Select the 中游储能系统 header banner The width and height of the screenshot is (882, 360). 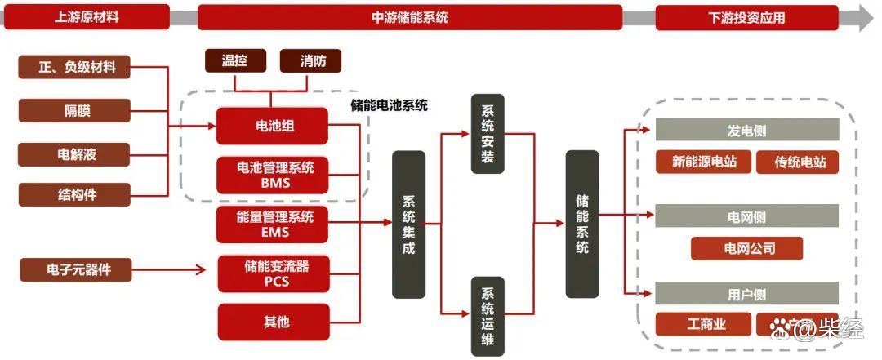[x=410, y=17]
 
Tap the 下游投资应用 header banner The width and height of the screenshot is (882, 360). [x=746, y=17]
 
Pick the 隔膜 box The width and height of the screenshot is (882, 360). [x=74, y=110]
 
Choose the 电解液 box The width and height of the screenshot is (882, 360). [x=74, y=153]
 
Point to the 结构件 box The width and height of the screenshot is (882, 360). [x=74, y=193]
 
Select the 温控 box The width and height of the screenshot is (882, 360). [x=234, y=60]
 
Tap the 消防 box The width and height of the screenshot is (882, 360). [x=310, y=60]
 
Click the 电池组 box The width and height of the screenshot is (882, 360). [x=273, y=127]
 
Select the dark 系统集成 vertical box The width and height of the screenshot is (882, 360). [x=409, y=224]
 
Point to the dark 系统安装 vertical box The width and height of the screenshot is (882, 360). [x=488, y=134]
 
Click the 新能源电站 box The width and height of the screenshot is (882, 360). [x=704, y=162]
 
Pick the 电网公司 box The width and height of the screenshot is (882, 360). [x=746, y=248]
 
